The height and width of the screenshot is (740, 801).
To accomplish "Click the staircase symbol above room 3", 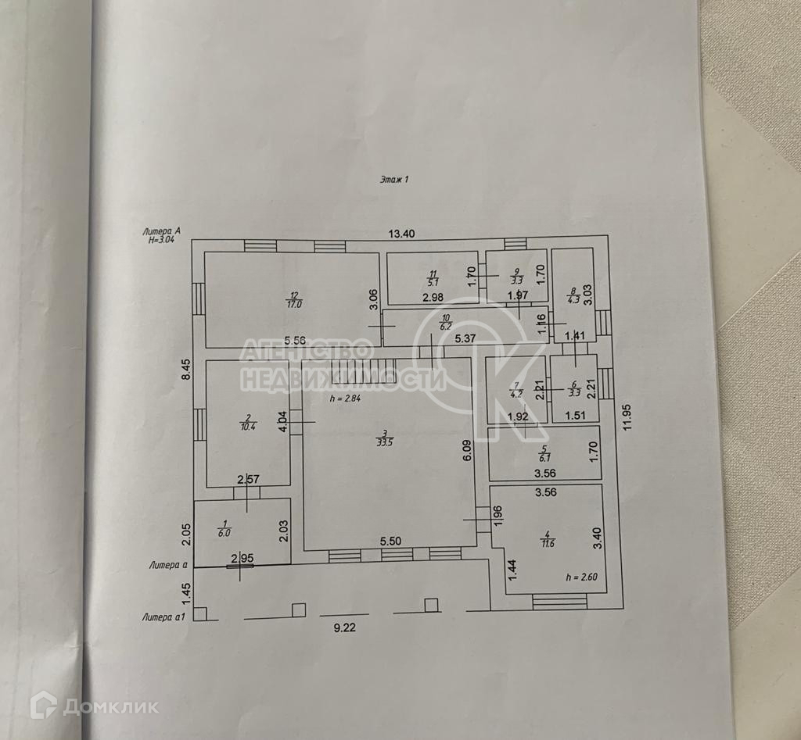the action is tap(353, 370).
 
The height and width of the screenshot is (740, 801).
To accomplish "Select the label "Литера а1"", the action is tap(163, 617).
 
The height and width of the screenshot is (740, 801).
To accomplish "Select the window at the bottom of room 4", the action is tap(559, 602).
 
